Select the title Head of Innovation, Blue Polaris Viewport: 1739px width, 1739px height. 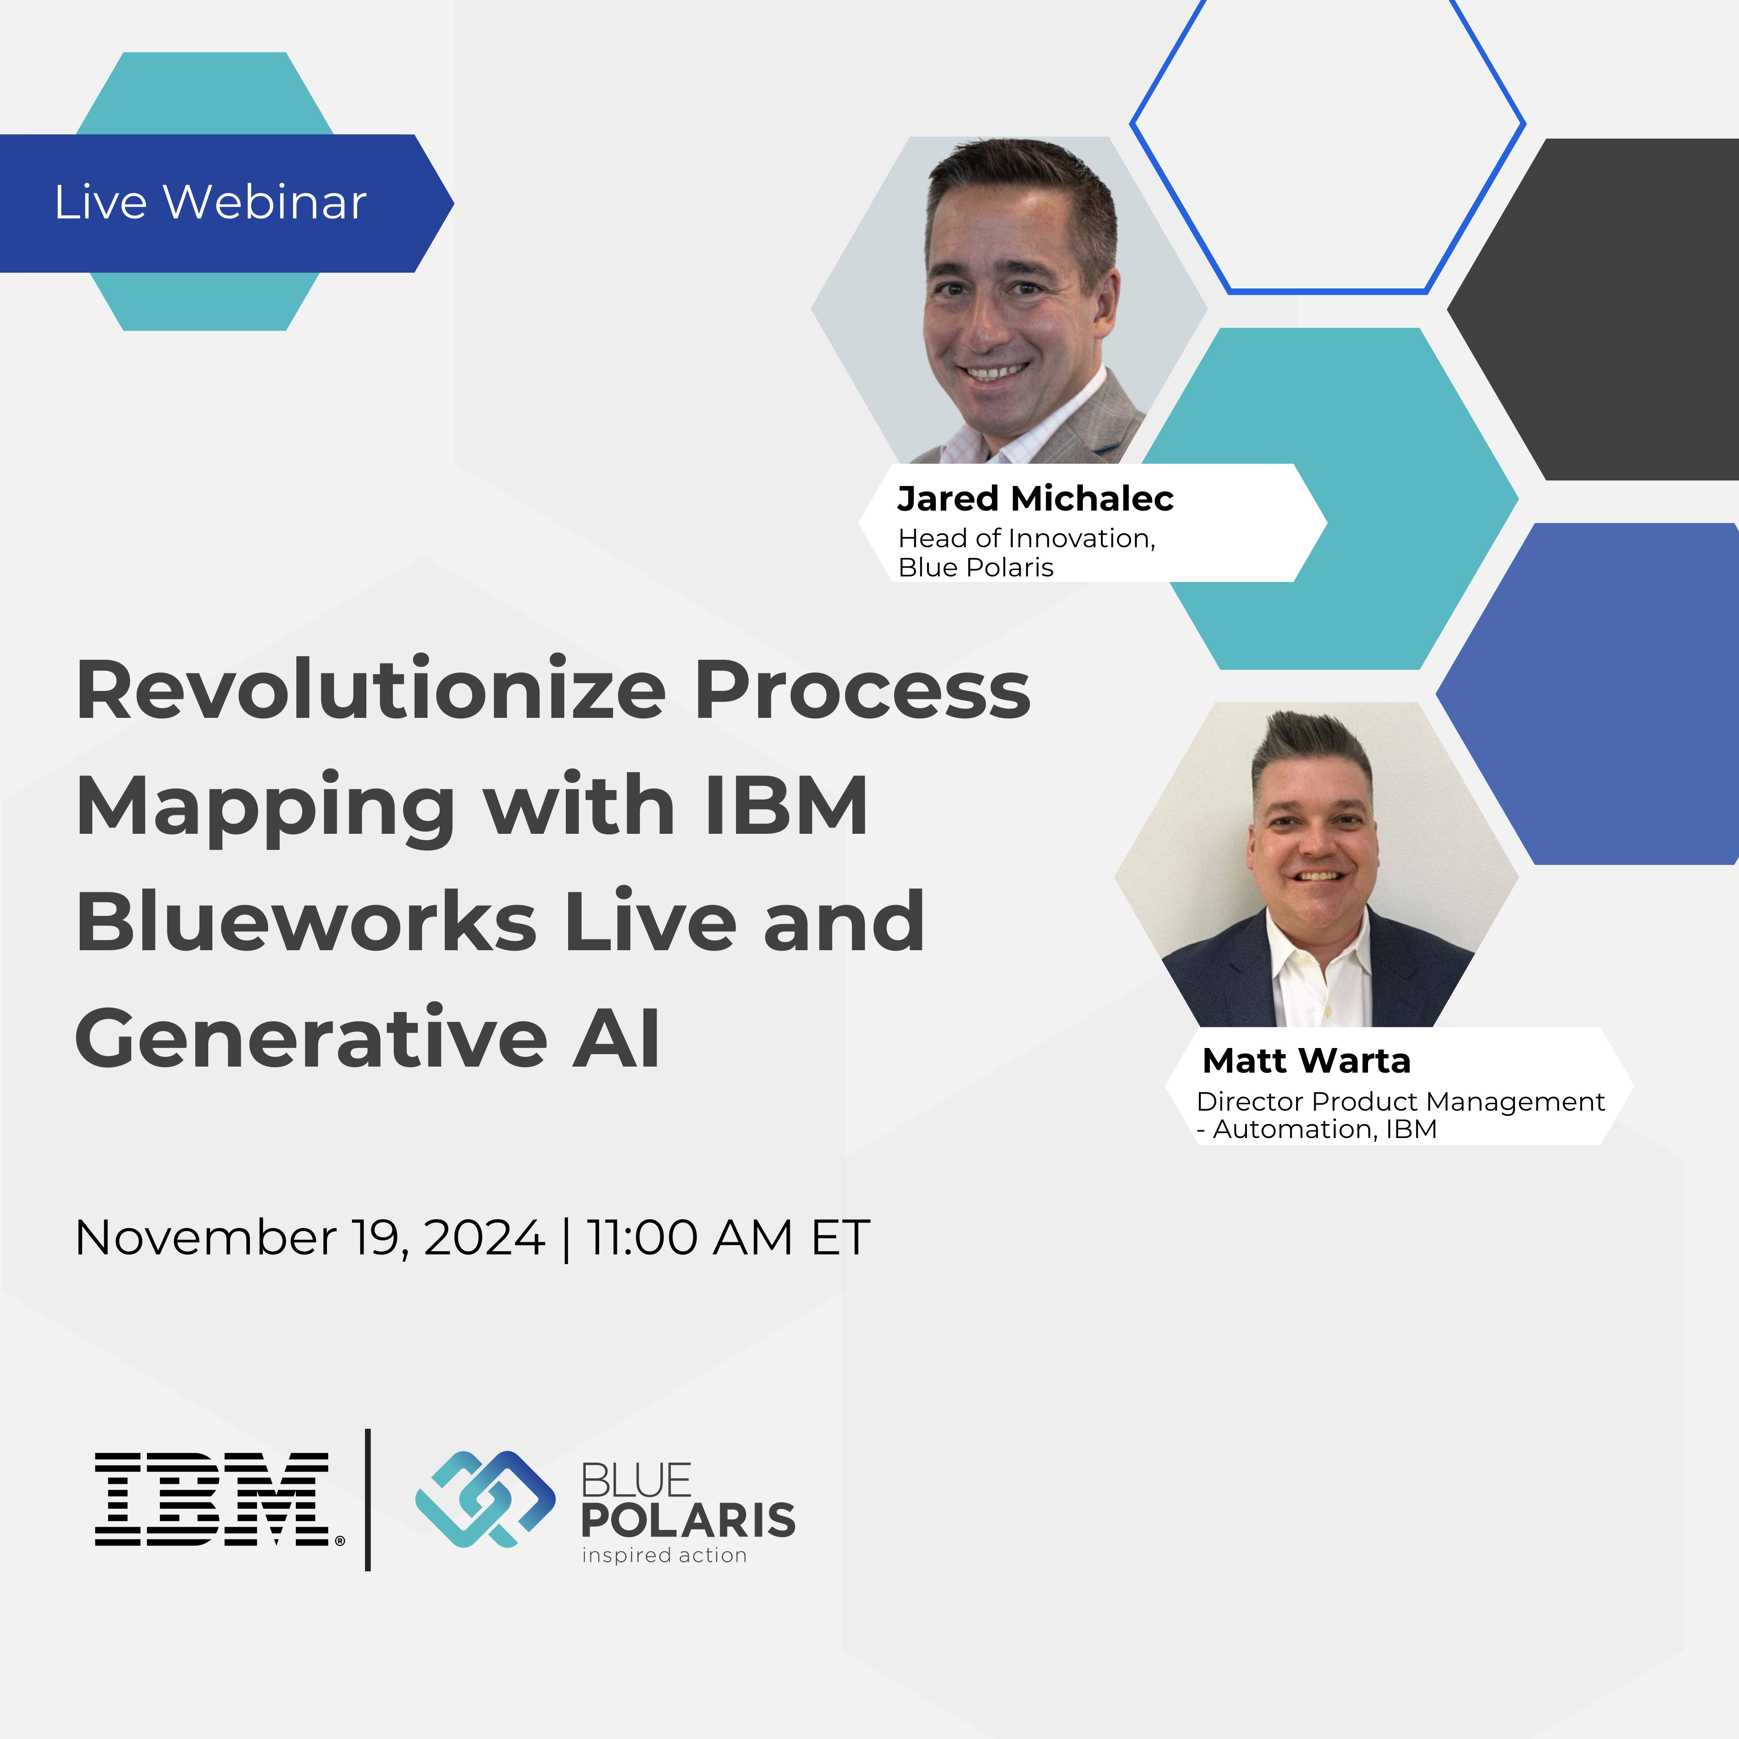pos(1026,552)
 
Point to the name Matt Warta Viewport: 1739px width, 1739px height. pos(1306,1060)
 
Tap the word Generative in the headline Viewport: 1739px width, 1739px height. pos(311,1038)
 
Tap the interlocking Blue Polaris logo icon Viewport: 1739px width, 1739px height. pos(484,1500)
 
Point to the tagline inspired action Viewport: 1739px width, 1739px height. pos(664,1555)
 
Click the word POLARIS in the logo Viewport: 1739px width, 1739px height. pos(688,1520)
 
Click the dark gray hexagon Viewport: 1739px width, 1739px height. pos(1611,309)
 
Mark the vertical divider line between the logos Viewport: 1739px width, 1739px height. pos(368,1500)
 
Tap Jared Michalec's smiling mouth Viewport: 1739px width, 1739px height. pos(994,371)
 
